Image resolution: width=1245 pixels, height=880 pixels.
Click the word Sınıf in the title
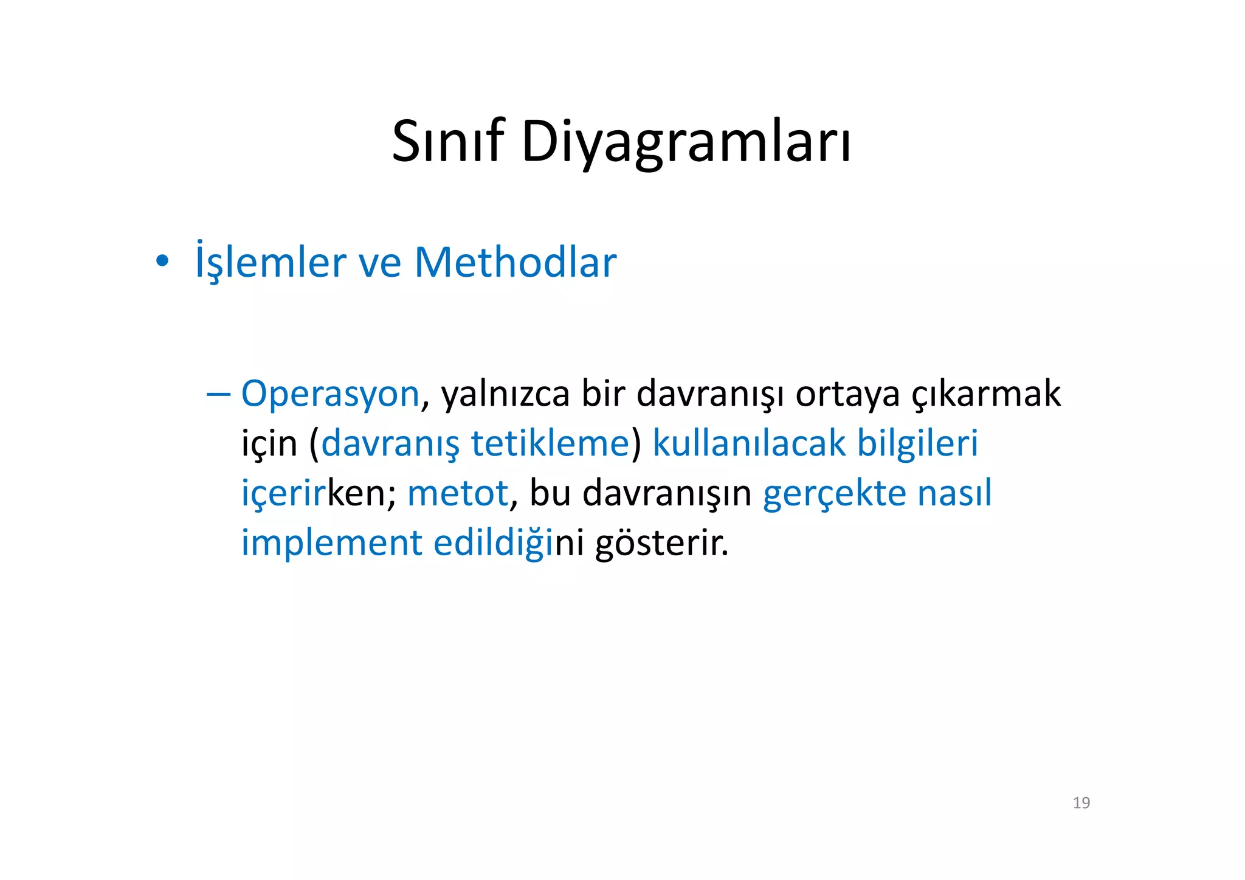(x=448, y=142)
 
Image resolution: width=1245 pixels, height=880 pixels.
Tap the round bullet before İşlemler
(x=162, y=262)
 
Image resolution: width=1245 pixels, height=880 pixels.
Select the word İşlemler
(x=271, y=263)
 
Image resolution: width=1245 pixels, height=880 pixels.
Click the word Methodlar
(x=515, y=263)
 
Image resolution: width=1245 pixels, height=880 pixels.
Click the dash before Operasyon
(x=218, y=393)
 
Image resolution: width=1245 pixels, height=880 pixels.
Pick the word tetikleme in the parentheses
(x=550, y=443)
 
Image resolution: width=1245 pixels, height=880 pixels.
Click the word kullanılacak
(x=748, y=443)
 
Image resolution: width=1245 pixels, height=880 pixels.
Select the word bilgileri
(x=917, y=443)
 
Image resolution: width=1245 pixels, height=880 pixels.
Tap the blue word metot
(x=457, y=493)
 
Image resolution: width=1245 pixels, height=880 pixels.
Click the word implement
(x=331, y=542)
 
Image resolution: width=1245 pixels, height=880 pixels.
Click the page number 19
(x=1081, y=803)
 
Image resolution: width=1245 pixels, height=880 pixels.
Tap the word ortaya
(x=847, y=395)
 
